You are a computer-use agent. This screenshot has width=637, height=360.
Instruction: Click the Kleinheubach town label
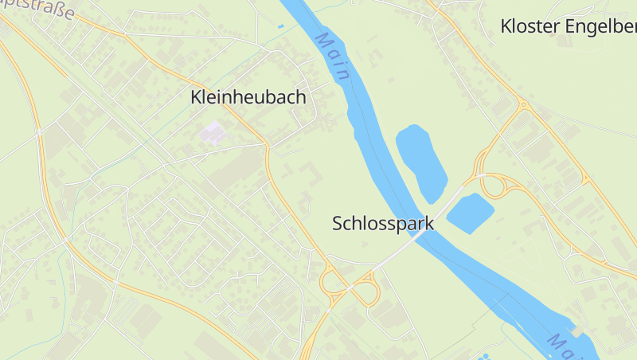click(x=248, y=97)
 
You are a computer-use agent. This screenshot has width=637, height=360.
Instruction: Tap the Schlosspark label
click(x=383, y=223)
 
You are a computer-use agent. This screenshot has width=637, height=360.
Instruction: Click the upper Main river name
click(x=333, y=56)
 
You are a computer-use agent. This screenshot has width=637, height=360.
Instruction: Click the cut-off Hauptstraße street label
click(x=40, y=10)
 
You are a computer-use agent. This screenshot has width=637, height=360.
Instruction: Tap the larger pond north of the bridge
click(x=421, y=162)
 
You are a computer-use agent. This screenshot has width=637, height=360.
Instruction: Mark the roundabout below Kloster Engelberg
click(x=523, y=104)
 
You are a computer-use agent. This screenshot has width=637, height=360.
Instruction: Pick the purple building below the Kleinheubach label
click(x=213, y=132)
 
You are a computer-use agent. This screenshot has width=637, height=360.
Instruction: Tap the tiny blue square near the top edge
click(x=280, y=26)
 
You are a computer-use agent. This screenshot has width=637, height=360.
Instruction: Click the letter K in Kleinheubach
click(x=196, y=97)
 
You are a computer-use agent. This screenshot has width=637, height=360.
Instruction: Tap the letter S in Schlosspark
click(x=337, y=223)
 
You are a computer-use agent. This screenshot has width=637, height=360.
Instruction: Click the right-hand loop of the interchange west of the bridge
click(x=367, y=291)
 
